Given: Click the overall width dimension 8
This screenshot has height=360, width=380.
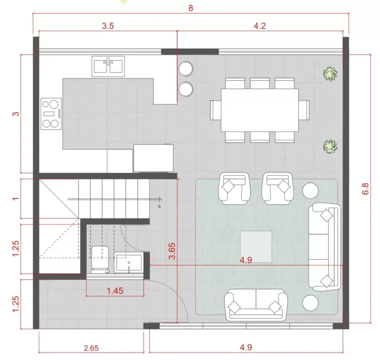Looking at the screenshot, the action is (191, 8).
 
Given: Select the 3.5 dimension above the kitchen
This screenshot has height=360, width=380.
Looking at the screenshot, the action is (108, 26).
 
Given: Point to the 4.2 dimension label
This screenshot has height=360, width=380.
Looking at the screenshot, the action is (260, 26).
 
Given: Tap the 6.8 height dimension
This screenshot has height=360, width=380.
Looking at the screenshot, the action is (365, 189).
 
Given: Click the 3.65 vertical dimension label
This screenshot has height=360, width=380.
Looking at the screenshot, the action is (172, 251).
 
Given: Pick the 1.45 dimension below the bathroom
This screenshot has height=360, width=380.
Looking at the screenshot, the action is (115, 290).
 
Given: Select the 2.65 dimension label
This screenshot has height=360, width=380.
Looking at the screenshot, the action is (91, 348).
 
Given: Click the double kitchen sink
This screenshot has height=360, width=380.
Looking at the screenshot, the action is (108, 67).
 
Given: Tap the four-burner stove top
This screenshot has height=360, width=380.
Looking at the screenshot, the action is (51, 113).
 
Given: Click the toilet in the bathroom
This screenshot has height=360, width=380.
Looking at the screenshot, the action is (100, 260).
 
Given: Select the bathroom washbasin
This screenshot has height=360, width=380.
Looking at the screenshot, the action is (129, 263).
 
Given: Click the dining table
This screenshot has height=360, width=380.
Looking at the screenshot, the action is (260, 110).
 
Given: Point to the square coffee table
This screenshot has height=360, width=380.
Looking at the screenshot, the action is (256, 247).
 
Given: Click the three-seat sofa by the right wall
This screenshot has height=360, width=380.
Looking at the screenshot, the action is (325, 247).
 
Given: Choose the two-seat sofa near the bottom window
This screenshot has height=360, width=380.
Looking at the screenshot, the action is (255, 305).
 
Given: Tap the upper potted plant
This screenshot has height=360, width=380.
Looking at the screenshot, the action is (330, 74).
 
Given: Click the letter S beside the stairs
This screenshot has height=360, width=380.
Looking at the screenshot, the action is (159, 206).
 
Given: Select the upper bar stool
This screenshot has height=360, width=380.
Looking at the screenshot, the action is (186, 69).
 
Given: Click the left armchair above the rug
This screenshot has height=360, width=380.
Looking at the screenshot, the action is (234, 188).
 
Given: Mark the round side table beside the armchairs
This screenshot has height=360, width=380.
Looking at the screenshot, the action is (310, 191).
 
